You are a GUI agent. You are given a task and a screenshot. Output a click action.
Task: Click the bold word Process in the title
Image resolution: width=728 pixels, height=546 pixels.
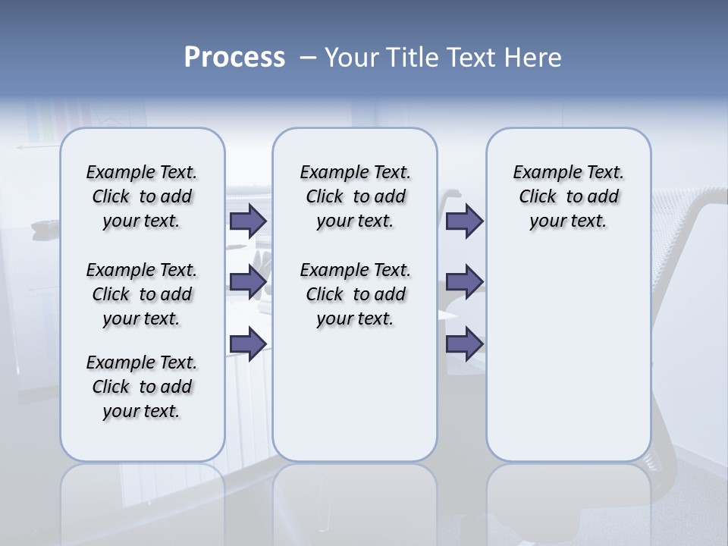234,57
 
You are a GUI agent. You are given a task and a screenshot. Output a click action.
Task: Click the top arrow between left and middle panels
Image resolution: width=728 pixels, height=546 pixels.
248,221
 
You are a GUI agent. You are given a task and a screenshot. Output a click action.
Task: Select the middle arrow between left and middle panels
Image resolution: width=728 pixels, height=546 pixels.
248,282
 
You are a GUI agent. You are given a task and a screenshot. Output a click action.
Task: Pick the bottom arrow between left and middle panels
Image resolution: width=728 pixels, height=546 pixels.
248,344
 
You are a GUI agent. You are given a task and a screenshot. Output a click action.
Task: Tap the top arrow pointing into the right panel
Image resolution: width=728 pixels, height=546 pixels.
464,221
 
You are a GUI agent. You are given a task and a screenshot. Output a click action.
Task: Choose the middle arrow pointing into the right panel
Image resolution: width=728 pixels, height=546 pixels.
464,282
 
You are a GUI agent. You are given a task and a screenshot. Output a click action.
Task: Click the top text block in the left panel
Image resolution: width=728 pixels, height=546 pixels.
142,196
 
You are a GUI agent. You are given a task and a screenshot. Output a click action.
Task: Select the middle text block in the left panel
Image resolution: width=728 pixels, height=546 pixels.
142,294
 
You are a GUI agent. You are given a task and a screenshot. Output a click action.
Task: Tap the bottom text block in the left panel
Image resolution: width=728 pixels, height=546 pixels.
142,387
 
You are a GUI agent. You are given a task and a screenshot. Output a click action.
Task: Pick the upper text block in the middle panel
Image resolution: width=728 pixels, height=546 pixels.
356,196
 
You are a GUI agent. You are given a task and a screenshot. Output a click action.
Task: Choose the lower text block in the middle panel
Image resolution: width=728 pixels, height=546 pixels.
356,294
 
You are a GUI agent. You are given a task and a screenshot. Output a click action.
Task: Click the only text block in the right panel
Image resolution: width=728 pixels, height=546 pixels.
569,196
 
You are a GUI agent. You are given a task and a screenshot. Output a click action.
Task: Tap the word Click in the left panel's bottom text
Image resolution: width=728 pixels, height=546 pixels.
111,387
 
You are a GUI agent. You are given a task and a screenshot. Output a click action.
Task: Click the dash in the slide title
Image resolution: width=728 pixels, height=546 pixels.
308,57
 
